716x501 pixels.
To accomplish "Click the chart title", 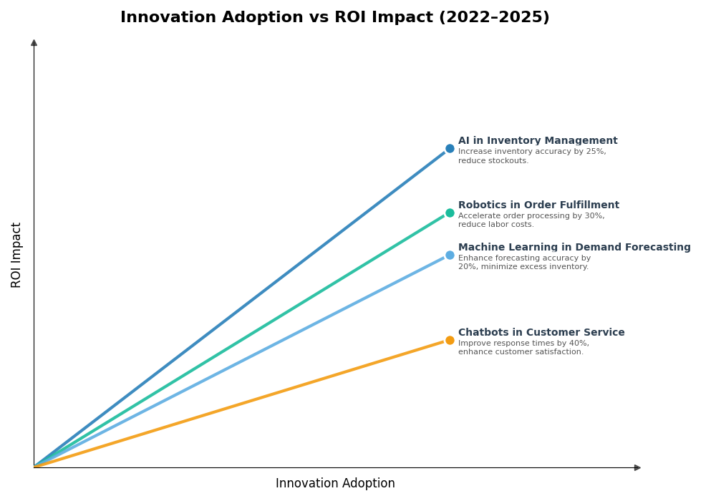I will click(x=334, y=18).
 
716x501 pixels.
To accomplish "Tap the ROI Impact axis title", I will click(x=16, y=255).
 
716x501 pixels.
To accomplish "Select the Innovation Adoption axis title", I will click(x=335, y=484).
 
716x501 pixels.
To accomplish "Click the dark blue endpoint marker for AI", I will click(x=450, y=149).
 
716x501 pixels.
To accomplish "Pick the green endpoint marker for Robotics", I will click(x=450, y=213).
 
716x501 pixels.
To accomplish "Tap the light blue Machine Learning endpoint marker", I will click(x=450, y=255).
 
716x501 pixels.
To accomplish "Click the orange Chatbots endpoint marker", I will click(x=450, y=340).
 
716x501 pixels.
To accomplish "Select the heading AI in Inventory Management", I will click(x=538, y=141).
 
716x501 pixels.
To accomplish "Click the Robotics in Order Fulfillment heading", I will click(x=538, y=205).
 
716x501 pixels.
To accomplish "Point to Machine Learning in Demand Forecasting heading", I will click(x=574, y=248).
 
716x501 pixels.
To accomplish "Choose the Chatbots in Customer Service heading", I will click(x=541, y=333).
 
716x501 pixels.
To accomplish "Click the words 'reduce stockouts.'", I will click(x=493, y=161).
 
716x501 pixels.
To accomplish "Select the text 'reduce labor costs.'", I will click(x=496, y=225).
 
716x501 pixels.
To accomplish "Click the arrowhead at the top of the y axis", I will click(x=34, y=43).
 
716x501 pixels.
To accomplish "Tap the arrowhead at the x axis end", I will click(x=637, y=467).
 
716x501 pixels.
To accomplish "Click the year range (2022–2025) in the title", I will click(x=490, y=18).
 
